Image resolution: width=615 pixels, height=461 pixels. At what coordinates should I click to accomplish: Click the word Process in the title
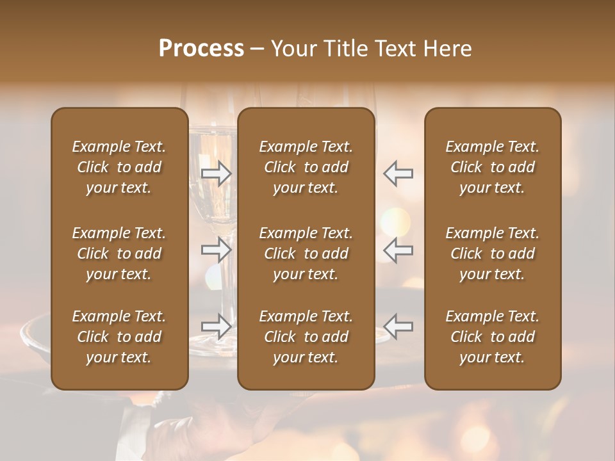pos(201,49)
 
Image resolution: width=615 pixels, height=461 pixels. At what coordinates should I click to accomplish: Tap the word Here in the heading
pos(447,49)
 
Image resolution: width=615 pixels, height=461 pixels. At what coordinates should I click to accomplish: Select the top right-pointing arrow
pos(217,174)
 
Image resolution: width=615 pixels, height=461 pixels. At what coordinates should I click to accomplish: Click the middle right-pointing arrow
pos(217,250)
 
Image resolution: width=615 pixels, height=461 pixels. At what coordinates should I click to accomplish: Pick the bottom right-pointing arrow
pos(217,326)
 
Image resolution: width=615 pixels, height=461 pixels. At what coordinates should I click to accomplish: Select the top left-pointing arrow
pos(398,174)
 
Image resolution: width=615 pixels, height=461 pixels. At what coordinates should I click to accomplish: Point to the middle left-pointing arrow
pos(398,250)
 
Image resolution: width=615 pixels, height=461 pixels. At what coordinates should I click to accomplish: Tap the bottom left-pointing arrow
pos(398,326)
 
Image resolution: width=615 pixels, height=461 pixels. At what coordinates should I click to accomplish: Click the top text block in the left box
pos(119,167)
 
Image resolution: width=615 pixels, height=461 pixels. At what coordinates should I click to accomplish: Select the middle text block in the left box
pos(119,254)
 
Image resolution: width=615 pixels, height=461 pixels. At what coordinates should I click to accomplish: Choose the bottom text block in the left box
pos(119,337)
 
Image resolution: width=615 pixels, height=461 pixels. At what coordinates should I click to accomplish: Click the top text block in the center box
pos(306,167)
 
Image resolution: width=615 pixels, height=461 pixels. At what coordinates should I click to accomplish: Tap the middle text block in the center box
pos(306,254)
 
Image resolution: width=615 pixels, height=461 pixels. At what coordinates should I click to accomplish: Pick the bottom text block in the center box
pos(306,337)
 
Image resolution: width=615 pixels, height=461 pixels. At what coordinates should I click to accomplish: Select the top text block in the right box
pos(493,167)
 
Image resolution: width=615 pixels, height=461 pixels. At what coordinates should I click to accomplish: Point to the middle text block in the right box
pos(493,254)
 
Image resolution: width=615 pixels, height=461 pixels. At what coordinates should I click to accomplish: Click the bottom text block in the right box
pos(493,337)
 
